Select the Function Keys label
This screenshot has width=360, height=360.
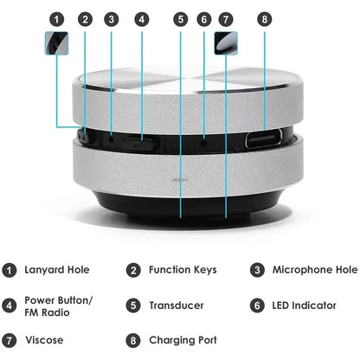pos(183,270)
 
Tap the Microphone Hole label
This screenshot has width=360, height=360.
pos(315,270)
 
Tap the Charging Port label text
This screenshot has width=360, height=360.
pos(183,340)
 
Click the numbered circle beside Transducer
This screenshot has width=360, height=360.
pos(132,305)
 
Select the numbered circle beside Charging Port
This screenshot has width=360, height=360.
pos(132,340)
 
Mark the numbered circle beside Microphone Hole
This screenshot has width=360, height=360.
pos(257,270)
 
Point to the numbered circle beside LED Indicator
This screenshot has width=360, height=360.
pos(257,305)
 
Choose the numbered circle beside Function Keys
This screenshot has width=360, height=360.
pos(132,270)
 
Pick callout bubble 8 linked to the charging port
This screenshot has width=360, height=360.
pos(264,18)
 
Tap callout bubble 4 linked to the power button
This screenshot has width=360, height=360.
pos(142,18)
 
